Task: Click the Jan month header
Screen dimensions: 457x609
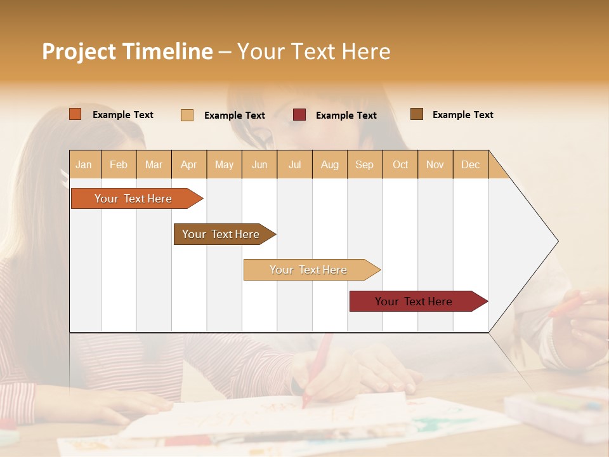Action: pos(84,164)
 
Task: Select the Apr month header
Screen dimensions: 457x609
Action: pos(188,164)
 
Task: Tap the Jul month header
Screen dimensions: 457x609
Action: pos(294,164)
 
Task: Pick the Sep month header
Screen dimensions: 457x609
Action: pos(364,164)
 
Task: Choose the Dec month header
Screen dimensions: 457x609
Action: pos(470,164)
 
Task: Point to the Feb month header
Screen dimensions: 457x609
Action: pos(119,164)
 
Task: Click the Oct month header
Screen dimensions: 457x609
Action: pos(400,164)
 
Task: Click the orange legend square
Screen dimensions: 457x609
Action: pos(75,114)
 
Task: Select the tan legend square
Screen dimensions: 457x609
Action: pos(187,115)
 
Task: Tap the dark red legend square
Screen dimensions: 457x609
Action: pos(299,115)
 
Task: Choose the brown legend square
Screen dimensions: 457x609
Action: pos(416,114)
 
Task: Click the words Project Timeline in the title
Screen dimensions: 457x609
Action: pos(128,51)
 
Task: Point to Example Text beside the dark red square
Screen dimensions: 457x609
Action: pos(346,116)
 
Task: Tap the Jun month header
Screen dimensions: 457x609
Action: pos(259,164)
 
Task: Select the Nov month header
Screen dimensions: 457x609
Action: pos(435,164)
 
